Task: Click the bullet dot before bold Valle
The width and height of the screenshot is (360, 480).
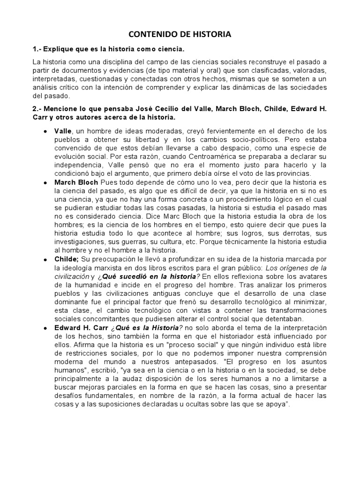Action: coord(45,131)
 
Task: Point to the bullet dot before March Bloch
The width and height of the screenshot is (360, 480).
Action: coord(45,182)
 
